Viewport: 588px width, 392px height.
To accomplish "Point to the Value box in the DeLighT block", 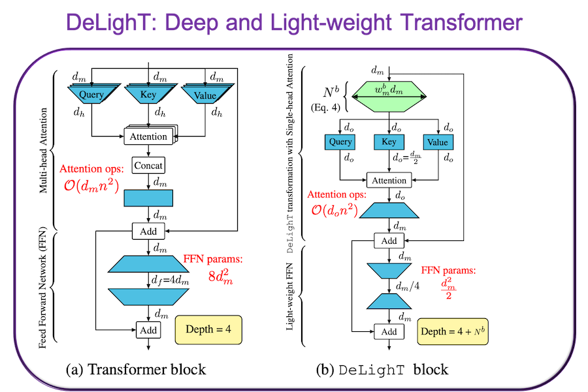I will pos(437,142).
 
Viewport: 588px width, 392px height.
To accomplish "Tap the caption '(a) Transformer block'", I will pos(136,370).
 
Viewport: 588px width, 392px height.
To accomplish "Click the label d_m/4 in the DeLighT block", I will pos(408,286).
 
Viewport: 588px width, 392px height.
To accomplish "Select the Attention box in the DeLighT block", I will pos(389,180).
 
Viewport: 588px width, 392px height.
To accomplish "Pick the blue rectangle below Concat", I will pos(148,197).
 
